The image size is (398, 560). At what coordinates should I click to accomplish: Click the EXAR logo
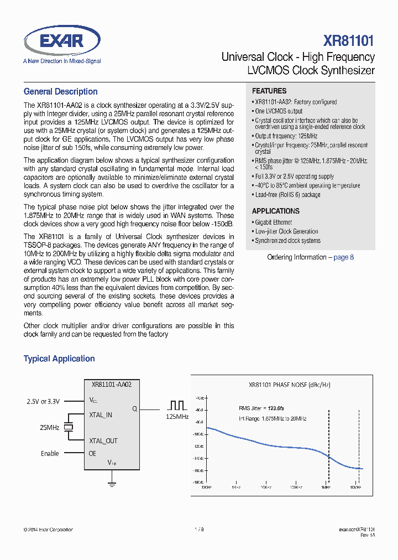(62, 41)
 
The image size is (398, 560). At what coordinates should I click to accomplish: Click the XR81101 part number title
(349, 41)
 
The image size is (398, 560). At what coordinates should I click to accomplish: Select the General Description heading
(60, 92)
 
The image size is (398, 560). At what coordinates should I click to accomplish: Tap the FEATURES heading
(269, 91)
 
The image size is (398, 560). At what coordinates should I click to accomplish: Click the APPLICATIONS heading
(275, 211)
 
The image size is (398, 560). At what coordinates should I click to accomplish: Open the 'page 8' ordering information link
(343, 257)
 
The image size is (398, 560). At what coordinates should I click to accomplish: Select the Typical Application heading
(59, 359)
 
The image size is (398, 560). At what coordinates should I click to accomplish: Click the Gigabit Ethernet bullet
(273, 222)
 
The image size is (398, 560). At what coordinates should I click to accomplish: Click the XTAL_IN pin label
(101, 414)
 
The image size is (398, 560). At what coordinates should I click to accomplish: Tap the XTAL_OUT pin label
(103, 440)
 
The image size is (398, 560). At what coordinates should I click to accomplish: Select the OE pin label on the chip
(92, 453)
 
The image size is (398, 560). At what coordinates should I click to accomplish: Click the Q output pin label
(134, 409)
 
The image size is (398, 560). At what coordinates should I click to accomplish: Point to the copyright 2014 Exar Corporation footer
(48, 530)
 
